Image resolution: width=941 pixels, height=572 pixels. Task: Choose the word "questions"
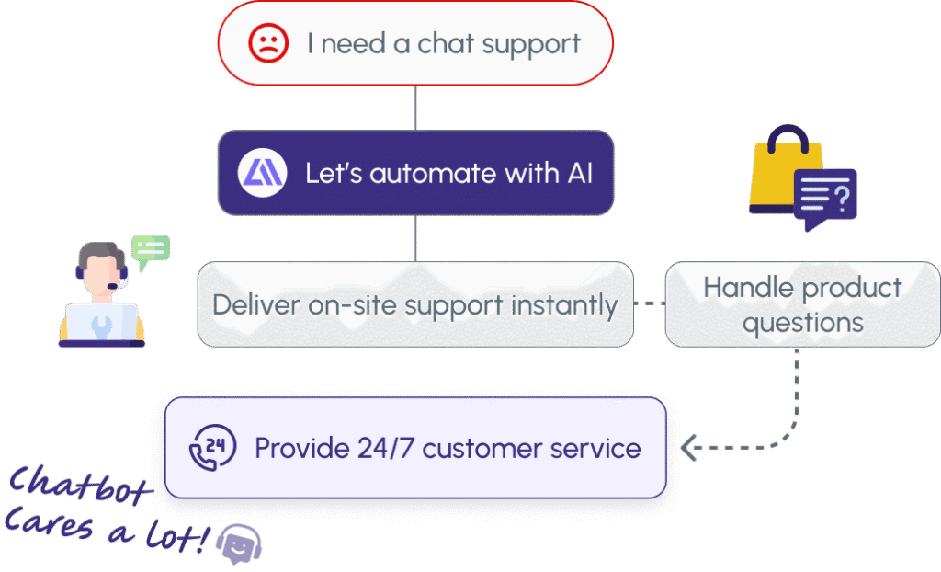click(803, 323)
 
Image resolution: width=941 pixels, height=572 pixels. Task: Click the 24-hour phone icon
click(210, 448)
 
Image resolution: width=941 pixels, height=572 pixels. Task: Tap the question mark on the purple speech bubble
click(843, 194)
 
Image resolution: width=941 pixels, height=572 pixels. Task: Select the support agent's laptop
click(101, 323)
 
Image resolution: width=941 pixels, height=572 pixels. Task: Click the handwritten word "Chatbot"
click(81, 486)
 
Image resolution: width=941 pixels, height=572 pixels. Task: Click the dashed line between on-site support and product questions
click(649, 304)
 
